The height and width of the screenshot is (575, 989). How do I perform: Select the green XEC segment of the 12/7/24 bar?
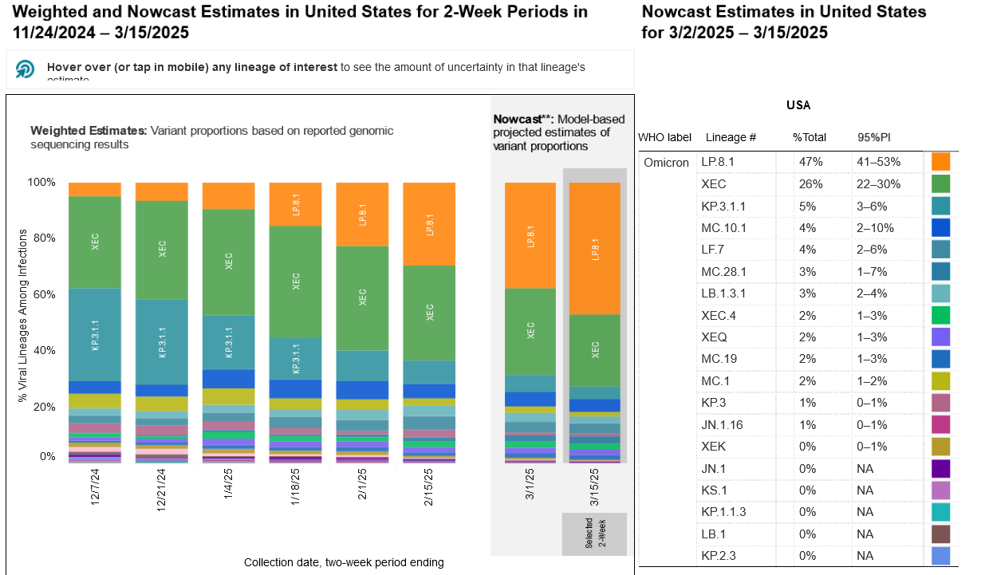[95, 242]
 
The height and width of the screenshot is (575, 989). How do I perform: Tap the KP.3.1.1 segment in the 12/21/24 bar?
[162, 342]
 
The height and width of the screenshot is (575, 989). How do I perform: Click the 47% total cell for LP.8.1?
[807, 162]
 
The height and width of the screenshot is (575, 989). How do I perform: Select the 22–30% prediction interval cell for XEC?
[878, 184]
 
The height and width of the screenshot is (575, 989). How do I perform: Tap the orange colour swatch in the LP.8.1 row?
[940, 162]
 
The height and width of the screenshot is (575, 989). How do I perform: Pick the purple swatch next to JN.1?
[940, 468]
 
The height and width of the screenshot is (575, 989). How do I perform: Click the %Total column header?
[809, 138]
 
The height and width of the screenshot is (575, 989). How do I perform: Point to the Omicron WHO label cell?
[666, 162]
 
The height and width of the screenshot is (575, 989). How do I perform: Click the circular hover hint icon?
[26, 69]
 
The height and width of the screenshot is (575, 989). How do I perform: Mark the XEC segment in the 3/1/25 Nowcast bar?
[530, 331]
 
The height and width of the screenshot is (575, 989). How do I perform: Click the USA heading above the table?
[798, 105]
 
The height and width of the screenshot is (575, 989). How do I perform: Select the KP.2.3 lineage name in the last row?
[719, 555]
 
